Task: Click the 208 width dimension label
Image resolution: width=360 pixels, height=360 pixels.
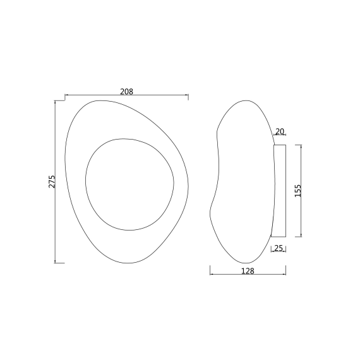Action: coord(126,92)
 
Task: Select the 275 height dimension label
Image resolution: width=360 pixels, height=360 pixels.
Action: coord(52,182)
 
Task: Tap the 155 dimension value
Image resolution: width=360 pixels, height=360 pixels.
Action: coord(297,191)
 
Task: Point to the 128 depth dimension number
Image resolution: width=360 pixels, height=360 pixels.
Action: coord(248,271)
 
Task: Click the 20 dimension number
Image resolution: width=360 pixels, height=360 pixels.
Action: coord(280,131)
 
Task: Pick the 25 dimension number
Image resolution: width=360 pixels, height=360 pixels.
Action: coord(279,248)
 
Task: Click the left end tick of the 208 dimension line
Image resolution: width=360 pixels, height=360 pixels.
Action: coord(65,95)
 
